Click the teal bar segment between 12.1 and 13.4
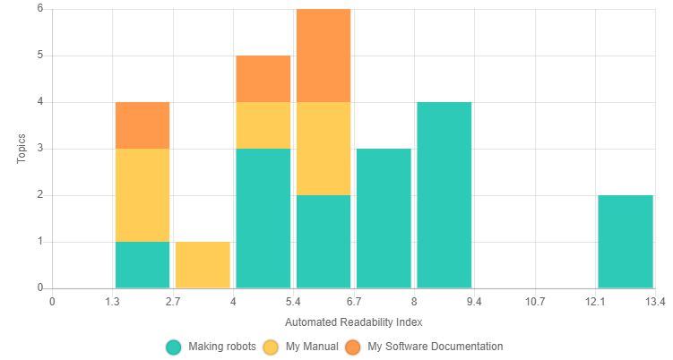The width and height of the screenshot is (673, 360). point(626,242)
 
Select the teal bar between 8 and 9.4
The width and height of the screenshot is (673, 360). point(444,195)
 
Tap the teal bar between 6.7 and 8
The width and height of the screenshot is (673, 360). point(384,219)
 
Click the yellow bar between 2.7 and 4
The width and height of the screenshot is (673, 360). point(203,265)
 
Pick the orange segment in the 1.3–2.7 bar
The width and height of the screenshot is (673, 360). point(142,125)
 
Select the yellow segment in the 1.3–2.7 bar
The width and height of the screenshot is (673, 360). point(142,195)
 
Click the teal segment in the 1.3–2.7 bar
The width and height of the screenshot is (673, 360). point(142,265)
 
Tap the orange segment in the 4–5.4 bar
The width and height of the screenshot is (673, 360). point(263,79)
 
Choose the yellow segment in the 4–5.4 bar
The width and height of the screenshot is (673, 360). point(263,125)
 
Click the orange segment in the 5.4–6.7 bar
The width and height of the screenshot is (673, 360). point(324,56)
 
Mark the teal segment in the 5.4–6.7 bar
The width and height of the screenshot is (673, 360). point(324,242)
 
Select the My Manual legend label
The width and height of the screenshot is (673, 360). point(312,347)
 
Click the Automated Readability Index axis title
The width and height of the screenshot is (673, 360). point(353,321)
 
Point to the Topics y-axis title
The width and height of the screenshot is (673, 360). point(22,149)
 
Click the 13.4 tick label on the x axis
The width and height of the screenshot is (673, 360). point(655,302)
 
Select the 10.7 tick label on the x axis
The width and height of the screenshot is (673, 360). point(535,302)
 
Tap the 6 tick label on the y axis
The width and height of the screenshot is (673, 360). point(40,9)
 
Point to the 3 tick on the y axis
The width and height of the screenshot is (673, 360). point(40,149)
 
